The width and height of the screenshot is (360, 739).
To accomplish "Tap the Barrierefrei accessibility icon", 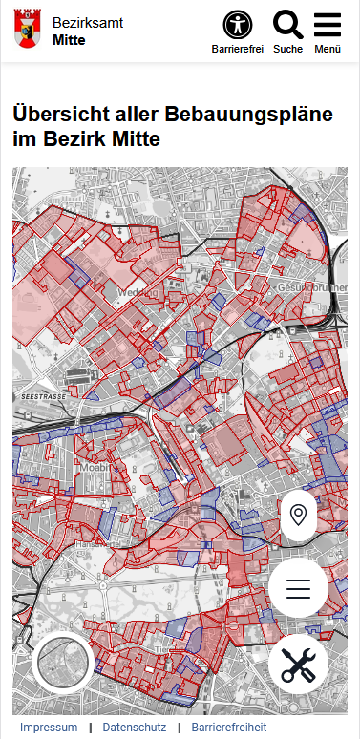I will tap(238, 25).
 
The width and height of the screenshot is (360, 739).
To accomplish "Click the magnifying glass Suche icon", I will tap(287, 25).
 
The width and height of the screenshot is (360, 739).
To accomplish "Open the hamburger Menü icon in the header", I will tap(328, 25).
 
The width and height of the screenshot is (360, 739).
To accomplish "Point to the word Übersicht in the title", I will tap(60, 115).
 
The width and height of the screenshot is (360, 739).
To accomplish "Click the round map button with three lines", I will tap(298, 588).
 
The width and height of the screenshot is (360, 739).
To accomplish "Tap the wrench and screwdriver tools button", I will tap(298, 663).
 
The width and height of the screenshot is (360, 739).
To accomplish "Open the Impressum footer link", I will tap(49, 728).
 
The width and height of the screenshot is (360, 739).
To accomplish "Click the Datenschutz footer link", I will tap(134, 728).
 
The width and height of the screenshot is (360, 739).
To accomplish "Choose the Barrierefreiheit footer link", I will tap(229, 728).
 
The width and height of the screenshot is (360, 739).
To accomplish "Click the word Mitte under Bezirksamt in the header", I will tap(69, 40).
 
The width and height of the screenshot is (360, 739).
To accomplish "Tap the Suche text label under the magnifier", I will tap(287, 49).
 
